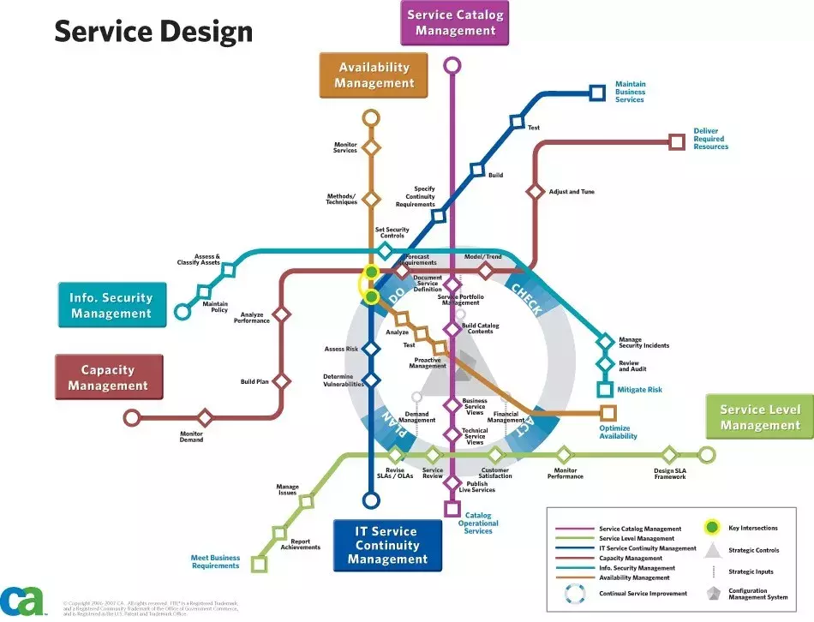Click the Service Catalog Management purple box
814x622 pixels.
pos(454,23)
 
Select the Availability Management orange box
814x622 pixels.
pos(374,75)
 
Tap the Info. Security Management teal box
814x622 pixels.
pos(111,305)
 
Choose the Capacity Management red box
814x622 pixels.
pos(108,378)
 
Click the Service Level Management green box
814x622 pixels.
pos(759,417)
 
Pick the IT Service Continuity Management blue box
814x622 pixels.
pos(387,546)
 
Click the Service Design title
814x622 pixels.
pos(153,32)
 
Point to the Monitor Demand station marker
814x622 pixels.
pos(205,418)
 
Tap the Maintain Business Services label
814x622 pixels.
pos(630,93)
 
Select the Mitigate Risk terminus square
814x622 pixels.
pos(606,390)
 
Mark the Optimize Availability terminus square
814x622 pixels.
pos(608,413)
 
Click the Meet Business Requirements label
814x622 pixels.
pos(215,562)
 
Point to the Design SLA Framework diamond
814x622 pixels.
pos(669,455)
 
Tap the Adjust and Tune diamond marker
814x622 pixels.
pos(535,192)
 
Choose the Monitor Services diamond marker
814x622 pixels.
pos(371,148)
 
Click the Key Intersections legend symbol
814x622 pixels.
pos(711,528)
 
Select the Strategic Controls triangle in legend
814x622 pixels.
pos(711,549)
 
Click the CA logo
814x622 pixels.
pos(22,601)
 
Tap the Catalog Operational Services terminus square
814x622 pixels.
pos(452,509)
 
